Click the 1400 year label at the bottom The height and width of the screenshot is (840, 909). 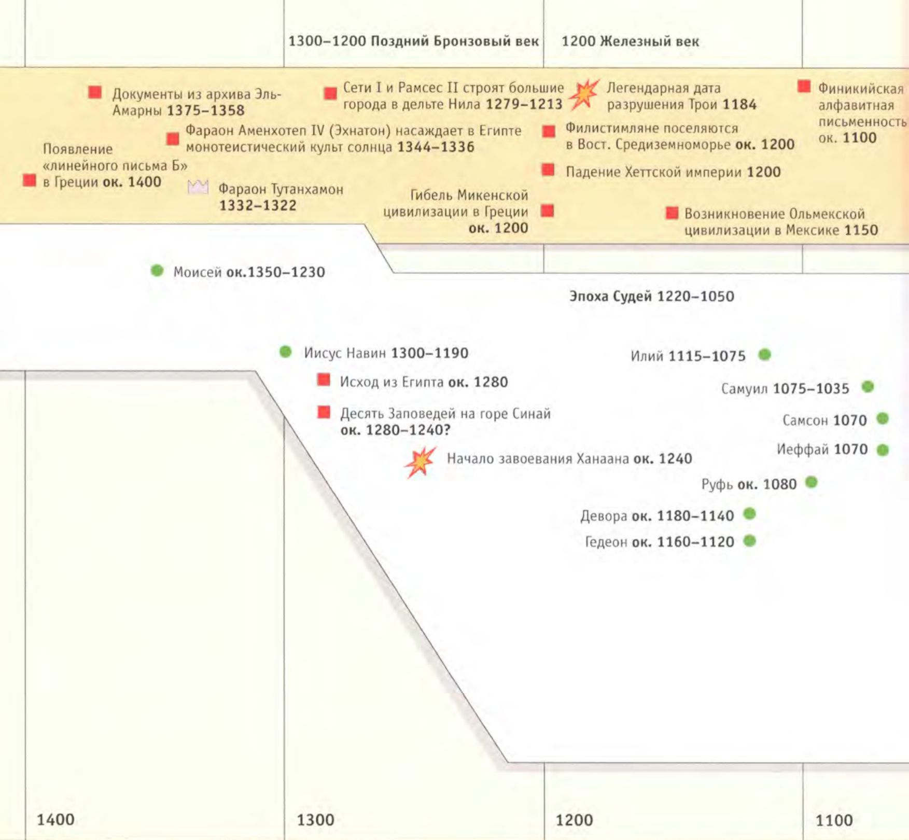pos(55,820)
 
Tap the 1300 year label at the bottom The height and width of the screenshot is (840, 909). pos(315,820)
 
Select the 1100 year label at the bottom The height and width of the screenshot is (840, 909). pos(834,820)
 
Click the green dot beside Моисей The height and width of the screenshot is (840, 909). pos(157,271)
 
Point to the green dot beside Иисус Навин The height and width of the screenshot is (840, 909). pos(286,352)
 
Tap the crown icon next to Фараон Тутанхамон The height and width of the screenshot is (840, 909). pos(198,187)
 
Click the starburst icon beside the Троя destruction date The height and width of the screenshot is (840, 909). pos(584,94)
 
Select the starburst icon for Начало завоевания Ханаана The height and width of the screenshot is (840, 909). pos(420,461)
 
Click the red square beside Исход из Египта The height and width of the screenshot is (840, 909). pos(324,380)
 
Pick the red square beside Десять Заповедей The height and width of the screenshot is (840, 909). pos(324,412)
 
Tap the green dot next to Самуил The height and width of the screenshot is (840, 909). pos(868,387)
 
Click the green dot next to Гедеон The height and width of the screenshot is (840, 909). pos(749,541)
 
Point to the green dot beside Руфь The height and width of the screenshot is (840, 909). pos(812,483)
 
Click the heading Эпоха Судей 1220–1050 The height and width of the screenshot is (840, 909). pos(652,297)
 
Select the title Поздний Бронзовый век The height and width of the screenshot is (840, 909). pos(455,41)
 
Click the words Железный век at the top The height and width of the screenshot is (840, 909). pos(649,41)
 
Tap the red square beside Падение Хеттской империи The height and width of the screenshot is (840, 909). pos(548,170)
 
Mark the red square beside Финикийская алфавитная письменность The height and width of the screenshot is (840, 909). pos(804,86)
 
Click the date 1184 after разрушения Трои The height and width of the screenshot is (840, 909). pos(739,105)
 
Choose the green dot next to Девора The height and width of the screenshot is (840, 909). pos(749,514)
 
